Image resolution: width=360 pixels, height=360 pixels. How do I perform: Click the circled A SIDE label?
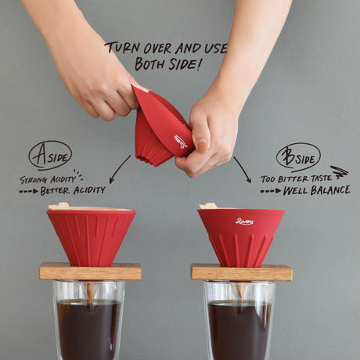pos(50,156)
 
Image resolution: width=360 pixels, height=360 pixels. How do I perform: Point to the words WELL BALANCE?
pos(316,190)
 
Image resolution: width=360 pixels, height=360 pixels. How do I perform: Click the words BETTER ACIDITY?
pos(73,191)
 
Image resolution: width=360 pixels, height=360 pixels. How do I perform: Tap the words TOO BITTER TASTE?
pos(296,178)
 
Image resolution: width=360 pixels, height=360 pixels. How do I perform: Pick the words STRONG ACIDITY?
pos(48,179)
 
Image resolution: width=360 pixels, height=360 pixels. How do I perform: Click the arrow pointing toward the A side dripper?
pos(119,170)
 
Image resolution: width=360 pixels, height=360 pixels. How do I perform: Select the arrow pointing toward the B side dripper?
pos(243,169)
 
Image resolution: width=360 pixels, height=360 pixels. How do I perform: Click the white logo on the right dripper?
pos(244,221)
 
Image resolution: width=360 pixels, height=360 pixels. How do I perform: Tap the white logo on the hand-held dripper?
pos(181,142)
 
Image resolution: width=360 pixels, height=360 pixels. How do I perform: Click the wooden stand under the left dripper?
pos(90,272)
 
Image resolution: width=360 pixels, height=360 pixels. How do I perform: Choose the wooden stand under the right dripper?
pos(242,272)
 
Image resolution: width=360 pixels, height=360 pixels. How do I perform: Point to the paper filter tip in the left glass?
pos(92,292)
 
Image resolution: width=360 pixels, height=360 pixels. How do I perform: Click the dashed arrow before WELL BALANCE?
pos(271,191)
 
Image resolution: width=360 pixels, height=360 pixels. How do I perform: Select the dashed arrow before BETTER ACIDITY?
pos(29,192)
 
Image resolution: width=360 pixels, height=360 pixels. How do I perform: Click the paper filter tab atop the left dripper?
pos(59,205)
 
